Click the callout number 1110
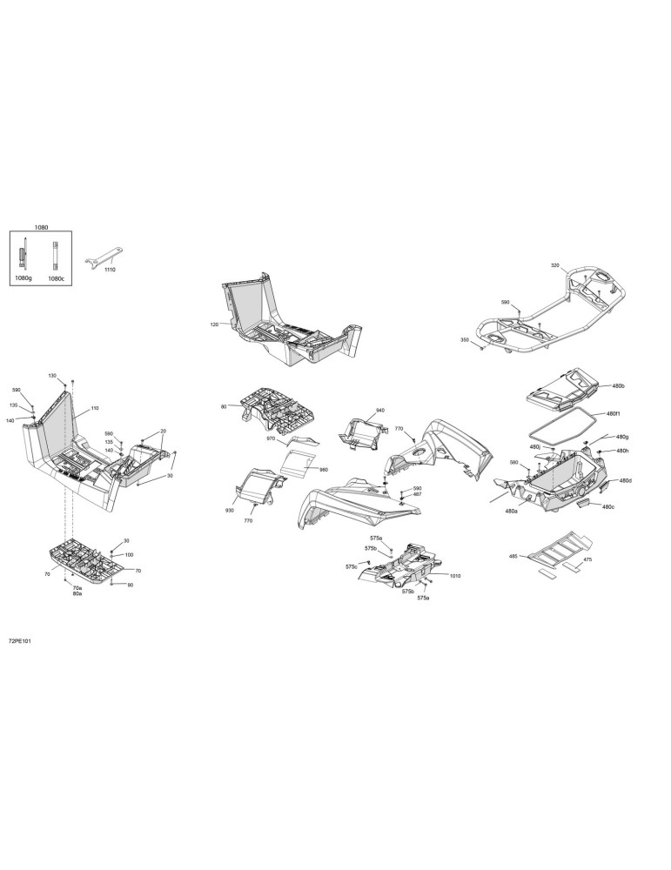(110, 269)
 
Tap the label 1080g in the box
(23, 278)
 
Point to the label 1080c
(56, 278)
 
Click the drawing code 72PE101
(20, 641)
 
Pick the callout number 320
(555, 265)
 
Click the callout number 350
(465, 339)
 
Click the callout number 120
(214, 324)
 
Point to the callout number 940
(379, 410)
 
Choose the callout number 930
(230, 510)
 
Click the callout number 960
(324, 470)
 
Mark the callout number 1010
(455, 576)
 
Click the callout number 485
(513, 555)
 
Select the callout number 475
(587, 559)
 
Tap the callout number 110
(94, 408)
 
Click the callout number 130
(52, 376)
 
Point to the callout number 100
(129, 554)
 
